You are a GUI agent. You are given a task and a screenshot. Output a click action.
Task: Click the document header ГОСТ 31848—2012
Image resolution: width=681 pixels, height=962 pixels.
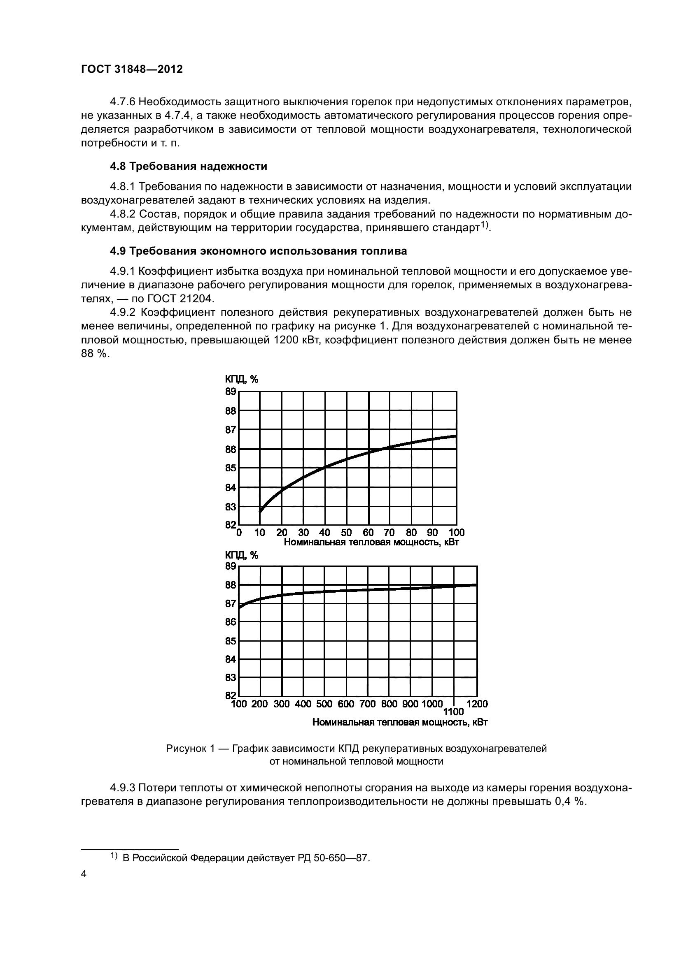132,69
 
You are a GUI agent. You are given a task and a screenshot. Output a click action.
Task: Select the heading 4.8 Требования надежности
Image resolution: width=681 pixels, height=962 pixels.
188,166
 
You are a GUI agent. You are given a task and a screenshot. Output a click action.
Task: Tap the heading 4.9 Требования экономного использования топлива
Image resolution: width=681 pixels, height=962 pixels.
258,251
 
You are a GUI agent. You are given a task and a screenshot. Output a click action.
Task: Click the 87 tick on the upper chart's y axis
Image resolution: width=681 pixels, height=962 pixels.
231,429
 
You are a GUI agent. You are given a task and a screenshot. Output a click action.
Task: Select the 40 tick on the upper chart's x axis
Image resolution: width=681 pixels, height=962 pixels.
324,533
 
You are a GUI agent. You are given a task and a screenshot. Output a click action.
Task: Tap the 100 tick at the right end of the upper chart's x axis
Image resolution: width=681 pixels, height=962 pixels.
456,533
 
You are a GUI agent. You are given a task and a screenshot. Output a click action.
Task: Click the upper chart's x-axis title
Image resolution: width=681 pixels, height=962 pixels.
371,542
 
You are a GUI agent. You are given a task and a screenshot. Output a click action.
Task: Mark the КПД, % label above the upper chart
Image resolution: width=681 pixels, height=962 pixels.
242,379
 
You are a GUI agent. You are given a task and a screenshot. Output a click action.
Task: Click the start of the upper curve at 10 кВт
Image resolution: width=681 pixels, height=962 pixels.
260,511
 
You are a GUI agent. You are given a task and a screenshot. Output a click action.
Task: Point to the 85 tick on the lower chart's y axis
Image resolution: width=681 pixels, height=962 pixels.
231,641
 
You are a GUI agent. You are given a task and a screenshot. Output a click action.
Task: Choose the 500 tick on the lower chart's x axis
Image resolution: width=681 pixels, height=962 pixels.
324,704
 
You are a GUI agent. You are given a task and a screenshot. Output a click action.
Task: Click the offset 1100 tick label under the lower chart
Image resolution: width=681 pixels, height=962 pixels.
453,712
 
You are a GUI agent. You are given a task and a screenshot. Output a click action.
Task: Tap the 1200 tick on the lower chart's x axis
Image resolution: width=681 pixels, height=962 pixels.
477,704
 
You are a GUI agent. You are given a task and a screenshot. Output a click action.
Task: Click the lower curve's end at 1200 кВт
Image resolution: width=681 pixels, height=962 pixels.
476,585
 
